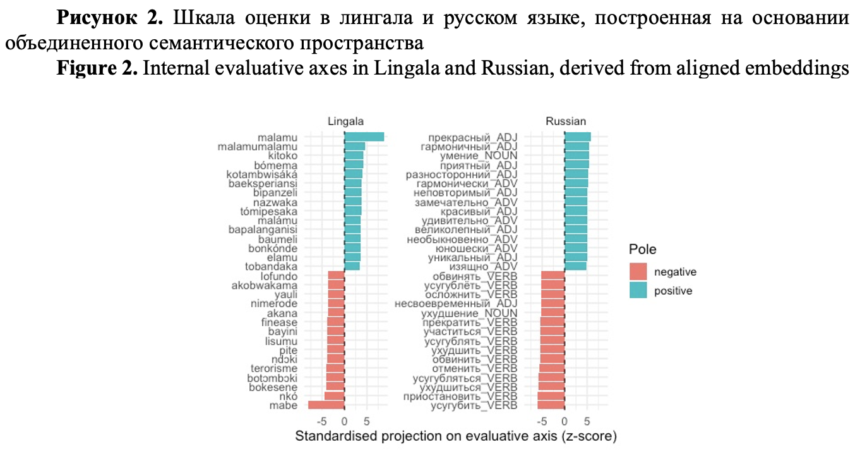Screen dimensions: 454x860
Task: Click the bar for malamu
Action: coord(364,137)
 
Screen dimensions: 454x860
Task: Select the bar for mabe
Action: coord(326,405)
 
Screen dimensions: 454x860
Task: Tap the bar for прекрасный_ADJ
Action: coord(577,137)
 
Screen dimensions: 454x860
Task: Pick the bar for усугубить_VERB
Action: coord(551,405)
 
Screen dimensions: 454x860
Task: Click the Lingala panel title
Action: coord(345,121)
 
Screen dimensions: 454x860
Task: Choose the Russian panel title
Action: coord(566,121)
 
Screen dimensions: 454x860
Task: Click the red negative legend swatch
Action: coord(638,272)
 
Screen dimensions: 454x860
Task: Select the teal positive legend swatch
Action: coord(638,291)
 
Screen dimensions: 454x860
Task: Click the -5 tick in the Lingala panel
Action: coord(321,421)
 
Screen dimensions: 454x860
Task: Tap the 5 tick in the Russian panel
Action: coord(587,421)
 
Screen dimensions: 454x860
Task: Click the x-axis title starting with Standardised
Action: coord(455,436)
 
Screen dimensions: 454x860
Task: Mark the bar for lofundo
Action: coord(336,276)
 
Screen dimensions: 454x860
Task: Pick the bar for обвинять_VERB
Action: coord(552,276)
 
